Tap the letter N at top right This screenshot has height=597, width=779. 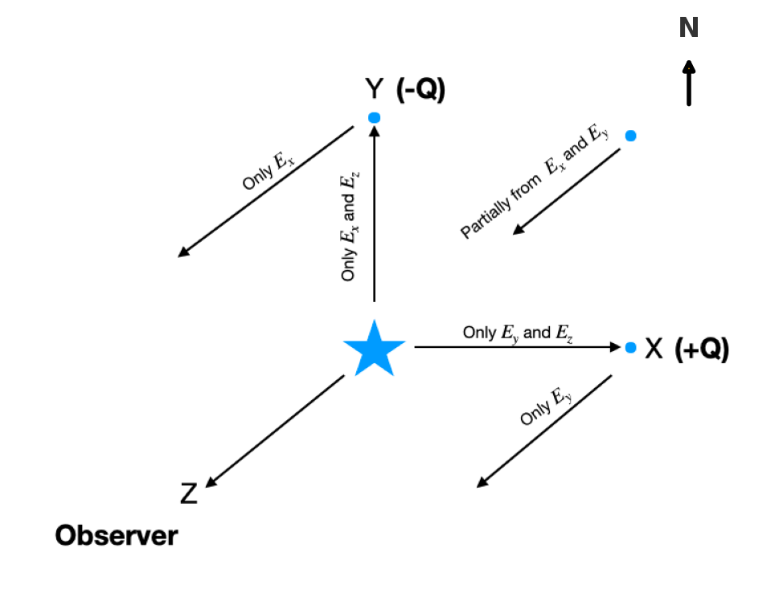click(x=688, y=29)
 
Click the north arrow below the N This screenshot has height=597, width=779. click(x=688, y=83)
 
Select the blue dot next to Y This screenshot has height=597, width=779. click(x=374, y=118)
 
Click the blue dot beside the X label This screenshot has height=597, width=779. click(x=630, y=347)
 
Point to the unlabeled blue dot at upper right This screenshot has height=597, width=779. click(x=630, y=136)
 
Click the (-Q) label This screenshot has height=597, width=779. click(x=420, y=90)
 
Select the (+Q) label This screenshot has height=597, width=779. click(x=702, y=350)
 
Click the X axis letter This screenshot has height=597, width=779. click(x=654, y=349)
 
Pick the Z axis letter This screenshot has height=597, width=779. click(x=188, y=493)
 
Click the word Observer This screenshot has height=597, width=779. click(x=117, y=536)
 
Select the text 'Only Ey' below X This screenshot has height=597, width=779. click(x=547, y=407)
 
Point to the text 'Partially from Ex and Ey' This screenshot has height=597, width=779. click(x=535, y=182)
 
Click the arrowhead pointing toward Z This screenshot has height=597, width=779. click(x=211, y=483)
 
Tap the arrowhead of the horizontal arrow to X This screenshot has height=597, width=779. click(x=614, y=347)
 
